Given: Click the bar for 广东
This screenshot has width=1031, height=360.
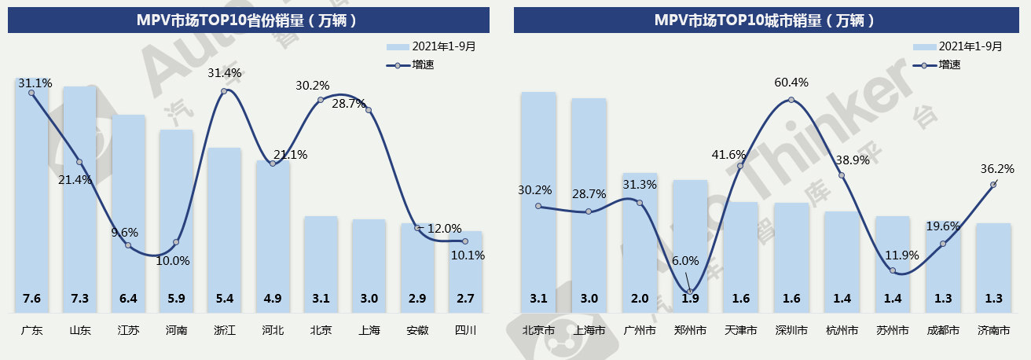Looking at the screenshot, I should coord(31,197).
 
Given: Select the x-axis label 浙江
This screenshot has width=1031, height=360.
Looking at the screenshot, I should coord(224,331).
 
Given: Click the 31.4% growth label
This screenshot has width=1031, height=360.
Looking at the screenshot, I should coord(224,73).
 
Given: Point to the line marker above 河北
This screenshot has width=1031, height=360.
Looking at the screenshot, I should coord(273,163).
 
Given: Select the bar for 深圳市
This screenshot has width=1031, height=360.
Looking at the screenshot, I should coord(791,252).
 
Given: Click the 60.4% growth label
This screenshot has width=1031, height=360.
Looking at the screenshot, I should coord(791,83).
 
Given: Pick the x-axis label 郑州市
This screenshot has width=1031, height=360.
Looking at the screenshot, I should coord(689,331).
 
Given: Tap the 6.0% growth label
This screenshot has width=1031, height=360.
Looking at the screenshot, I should coord(685,261).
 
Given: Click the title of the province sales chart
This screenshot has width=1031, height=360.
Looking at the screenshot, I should coord(248,20).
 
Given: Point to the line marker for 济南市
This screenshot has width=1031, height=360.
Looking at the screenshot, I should coord(993,185).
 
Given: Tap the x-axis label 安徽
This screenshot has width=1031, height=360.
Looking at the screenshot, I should coord(417,331).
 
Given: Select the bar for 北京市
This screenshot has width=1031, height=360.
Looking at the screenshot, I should coord(538,197).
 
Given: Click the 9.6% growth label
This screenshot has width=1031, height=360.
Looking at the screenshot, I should coord(126,232).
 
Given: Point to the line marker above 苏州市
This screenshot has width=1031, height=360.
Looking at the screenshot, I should coord(893,270).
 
